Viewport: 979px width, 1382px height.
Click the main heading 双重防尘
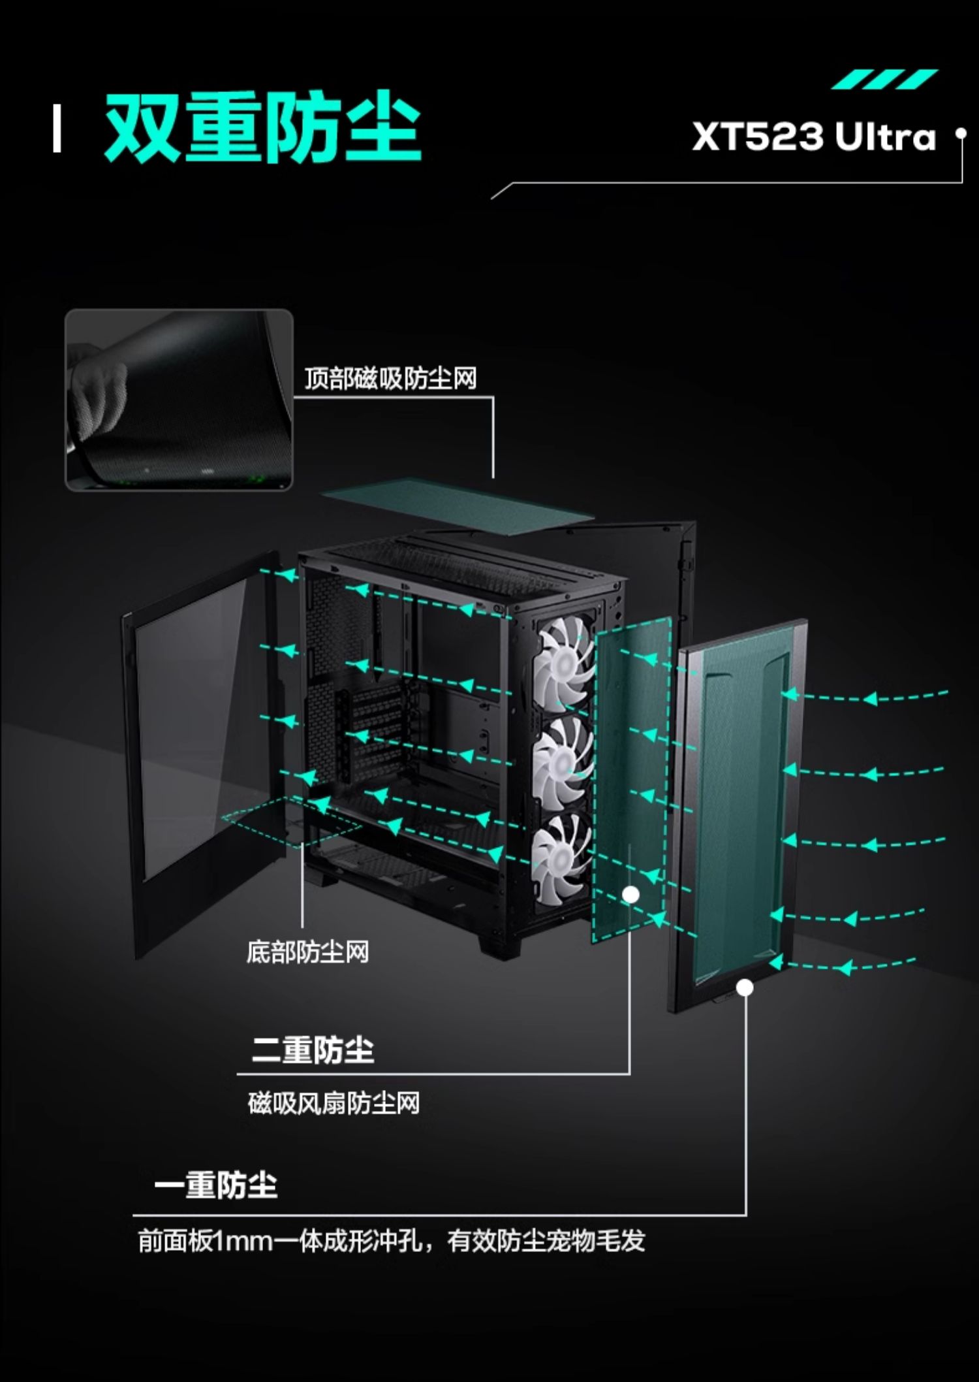click(x=262, y=128)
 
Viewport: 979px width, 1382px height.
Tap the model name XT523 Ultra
click(x=814, y=137)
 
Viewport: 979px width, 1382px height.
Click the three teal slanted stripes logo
click(x=884, y=80)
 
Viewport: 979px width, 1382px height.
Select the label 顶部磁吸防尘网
click(x=390, y=379)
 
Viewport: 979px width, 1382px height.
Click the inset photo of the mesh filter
click(x=179, y=400)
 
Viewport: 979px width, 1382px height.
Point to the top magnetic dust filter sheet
click(x=457, y=505)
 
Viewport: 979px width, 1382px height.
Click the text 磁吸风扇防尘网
click(x=334, y=1103)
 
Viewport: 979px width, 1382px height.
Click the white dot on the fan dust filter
click(x=630, y=894)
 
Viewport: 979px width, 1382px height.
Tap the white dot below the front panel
click(x=745, y=988)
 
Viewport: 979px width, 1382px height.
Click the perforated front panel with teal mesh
click(x=738, y=810)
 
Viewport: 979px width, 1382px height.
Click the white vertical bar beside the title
click(x=57, y=129)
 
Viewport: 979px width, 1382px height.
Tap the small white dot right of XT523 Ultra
click(x=960, y=134)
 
